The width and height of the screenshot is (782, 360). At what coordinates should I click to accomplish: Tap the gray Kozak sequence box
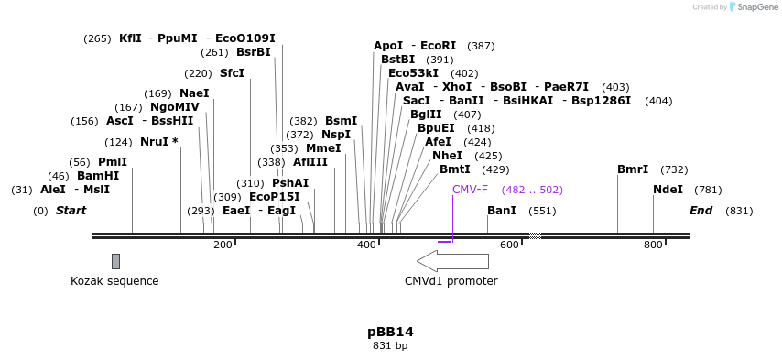tap(115, 261)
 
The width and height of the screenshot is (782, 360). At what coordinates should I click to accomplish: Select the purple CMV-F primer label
tap(470, 190)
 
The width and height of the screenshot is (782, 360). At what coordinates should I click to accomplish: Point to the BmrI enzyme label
tap(633, 169)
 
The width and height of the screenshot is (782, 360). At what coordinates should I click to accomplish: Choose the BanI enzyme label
tap(502, 211)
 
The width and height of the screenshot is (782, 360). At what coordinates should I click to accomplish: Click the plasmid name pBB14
tap(390, 332)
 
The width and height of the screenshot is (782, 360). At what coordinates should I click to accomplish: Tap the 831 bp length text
tap(390, 346)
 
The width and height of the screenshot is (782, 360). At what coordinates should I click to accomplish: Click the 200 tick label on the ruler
tap(223, 245)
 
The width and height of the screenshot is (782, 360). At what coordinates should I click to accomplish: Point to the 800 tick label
tap(653, 245)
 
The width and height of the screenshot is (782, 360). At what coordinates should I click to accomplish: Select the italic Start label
tap(71, 211)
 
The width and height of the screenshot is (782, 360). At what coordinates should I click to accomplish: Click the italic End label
tap(701, 211)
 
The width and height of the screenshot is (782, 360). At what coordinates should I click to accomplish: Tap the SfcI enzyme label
tap(232, 73)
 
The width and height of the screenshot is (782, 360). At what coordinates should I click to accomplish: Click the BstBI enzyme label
tap(397, 60)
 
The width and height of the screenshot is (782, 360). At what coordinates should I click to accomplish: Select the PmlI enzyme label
tap(113, 162)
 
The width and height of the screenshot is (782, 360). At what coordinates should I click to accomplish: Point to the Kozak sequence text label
tap(114, 281)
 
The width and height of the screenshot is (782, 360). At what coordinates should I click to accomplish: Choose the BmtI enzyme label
tap(455, 169)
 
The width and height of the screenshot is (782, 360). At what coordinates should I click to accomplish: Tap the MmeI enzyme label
tap(323, 148)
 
